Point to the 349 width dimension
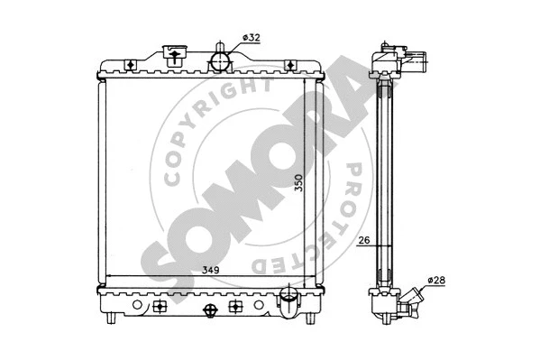point(210,270)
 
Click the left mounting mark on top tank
point(132,64)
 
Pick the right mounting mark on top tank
point(291,64)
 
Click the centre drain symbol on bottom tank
point(211,309)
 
